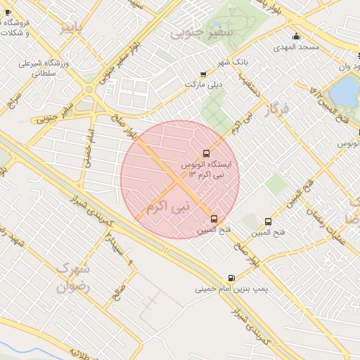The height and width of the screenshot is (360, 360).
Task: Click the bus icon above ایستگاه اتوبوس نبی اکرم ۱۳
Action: click(x=206, y=153)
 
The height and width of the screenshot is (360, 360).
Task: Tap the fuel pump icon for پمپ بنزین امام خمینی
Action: click(x=232, y=278)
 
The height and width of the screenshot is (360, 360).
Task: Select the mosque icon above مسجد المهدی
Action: click(x=296, y=37)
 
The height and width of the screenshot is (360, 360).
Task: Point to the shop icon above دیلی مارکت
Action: click(x=203, y=74)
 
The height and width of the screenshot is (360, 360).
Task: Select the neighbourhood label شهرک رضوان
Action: click(x=74, y=278)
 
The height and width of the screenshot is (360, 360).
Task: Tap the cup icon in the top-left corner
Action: click(x=8, y=12)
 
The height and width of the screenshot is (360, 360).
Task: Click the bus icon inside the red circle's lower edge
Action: click(x=214, y=219)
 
